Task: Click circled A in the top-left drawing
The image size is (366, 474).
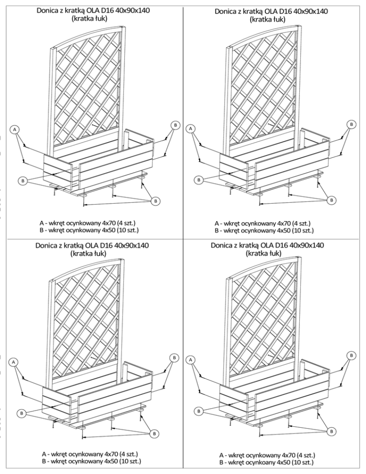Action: [x=15, y=130]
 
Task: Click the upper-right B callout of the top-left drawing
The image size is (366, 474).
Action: [x=175, y=125]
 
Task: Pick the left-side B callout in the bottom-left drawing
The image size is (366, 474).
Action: [x=21, y=413]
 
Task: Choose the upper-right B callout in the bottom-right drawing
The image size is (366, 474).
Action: [x=351, y=355]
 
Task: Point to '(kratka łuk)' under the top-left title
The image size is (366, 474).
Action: [x=89, y=19]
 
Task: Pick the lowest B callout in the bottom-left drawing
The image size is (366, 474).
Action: [x=154, y=433]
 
